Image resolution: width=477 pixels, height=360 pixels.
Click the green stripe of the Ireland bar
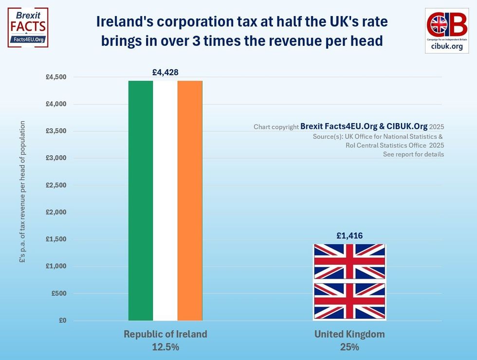point(141,200)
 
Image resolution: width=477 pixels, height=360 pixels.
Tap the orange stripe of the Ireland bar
point(190,200)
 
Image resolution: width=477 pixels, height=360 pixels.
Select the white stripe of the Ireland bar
point(165,200)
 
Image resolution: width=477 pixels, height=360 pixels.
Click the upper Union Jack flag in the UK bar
point(349,262)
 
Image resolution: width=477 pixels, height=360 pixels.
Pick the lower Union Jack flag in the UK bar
point(349,301)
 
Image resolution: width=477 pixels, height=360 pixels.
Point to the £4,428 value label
point(165,72)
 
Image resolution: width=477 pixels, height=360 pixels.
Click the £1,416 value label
point(349,236)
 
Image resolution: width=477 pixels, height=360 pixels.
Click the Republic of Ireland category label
point(165,334)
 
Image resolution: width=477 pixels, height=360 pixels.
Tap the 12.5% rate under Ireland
point(165,347)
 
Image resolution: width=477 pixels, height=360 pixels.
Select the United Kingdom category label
point(349,334)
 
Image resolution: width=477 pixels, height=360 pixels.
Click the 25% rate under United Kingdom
point(349,347)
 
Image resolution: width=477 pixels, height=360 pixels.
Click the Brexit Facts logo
point(28,27)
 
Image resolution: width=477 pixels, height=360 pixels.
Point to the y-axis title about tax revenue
point(22,192)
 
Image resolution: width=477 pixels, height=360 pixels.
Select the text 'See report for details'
point(413,154)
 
